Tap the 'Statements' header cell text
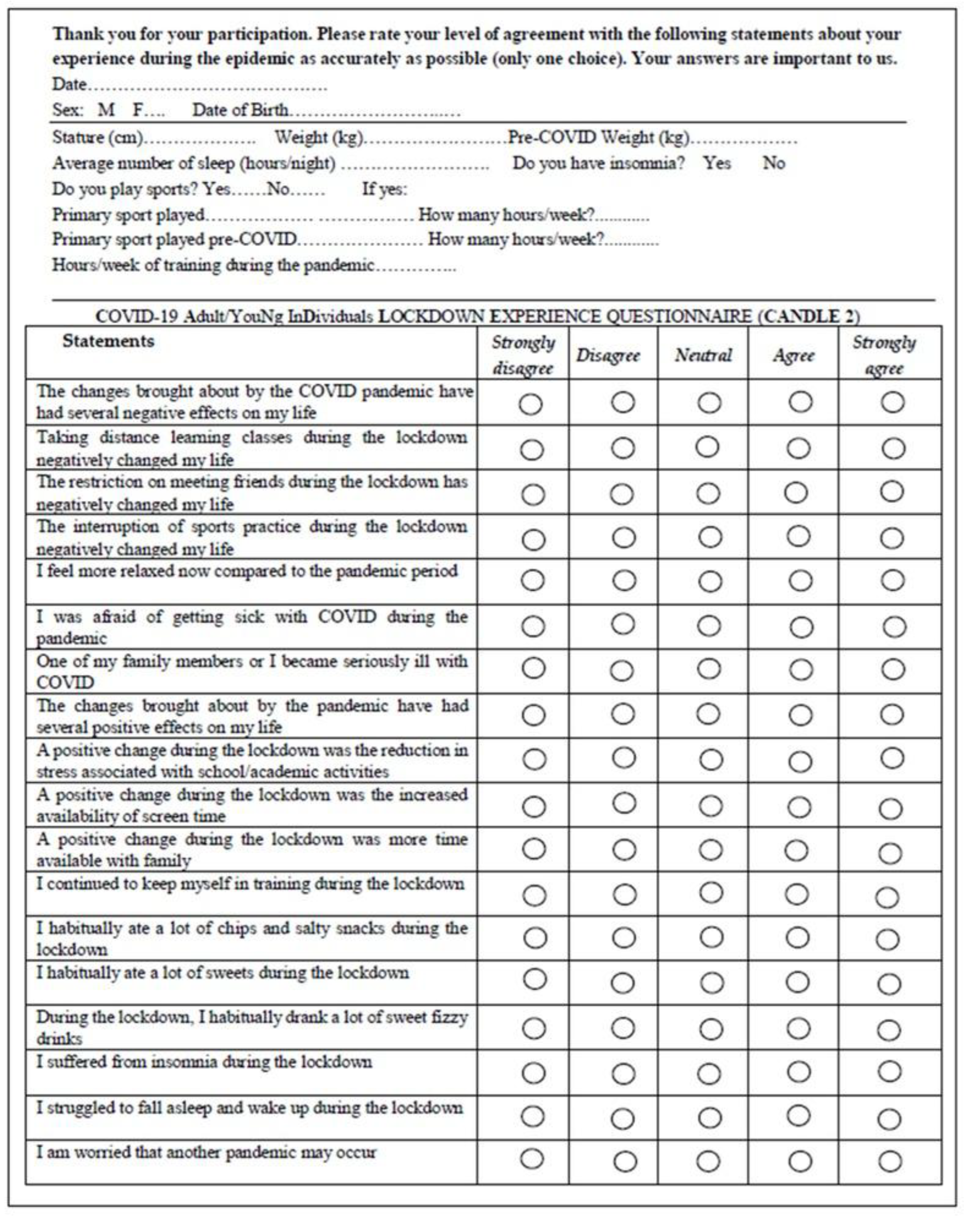(108, 341)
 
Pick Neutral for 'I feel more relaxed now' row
(710, 581)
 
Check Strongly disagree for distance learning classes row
(532, 450)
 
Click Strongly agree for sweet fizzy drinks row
(889, 1030)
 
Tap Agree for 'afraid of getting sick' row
(801, 627)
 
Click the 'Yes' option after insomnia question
(717, 163)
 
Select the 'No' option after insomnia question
(773, 163)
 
